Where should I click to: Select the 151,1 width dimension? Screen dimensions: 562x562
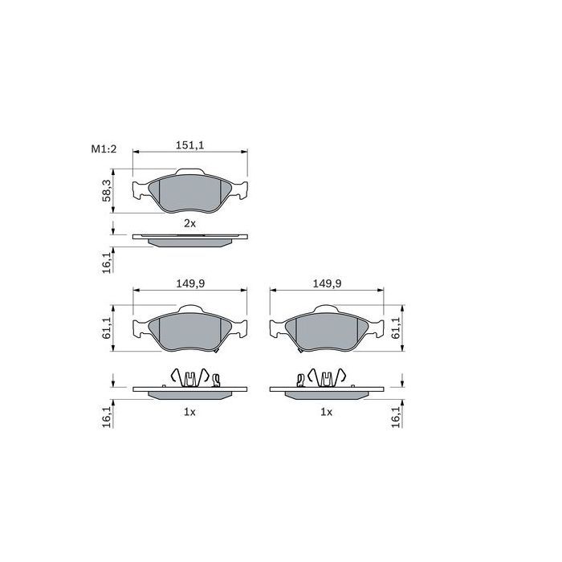coord(189,145)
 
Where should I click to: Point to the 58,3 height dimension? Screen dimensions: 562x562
coord(106,193)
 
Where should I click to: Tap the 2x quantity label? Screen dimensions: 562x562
coord(189,222)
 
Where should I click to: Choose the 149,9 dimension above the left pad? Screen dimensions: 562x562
coord(189,283)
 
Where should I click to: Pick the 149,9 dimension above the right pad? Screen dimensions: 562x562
coord(327,283)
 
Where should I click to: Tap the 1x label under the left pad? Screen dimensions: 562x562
coord(189,411)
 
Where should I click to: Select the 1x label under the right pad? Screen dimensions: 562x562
coord(326,411)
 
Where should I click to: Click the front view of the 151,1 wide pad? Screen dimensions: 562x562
coord(189,193)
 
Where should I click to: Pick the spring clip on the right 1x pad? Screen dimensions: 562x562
coord(323,377)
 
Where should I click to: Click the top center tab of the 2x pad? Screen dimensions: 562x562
coord(189,171)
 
